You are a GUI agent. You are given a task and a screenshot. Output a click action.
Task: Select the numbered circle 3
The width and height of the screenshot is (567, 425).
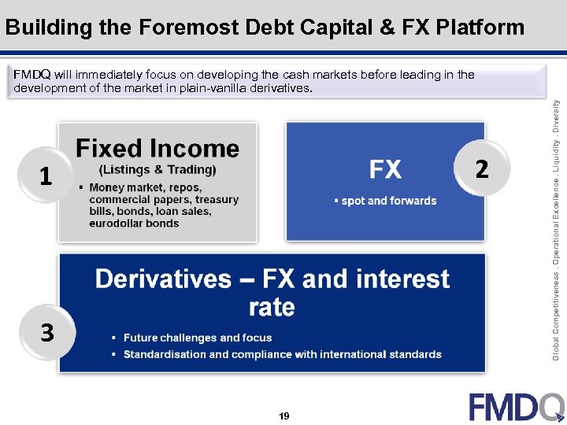click(47, 334)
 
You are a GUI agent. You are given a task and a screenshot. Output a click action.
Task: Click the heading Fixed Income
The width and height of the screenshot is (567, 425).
click(157, 148)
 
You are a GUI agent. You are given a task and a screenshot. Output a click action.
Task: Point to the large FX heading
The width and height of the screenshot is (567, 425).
click(385, 169)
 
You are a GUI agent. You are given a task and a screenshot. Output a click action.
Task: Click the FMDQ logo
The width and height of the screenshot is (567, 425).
click(516, 407)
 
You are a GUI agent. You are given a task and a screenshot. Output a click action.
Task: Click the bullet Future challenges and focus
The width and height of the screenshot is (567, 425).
click(197, 338)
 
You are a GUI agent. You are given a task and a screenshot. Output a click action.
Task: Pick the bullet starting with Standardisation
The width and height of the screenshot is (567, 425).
click(282, 354)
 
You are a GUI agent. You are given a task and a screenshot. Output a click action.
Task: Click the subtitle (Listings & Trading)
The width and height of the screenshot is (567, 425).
click(157, 170)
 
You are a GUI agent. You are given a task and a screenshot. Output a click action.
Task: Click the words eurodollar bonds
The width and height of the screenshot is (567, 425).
click(134, 224)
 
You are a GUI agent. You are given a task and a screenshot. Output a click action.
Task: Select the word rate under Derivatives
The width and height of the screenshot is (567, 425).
click(272, 307)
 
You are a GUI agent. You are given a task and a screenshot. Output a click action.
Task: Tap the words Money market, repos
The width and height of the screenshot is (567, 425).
click(145, 188)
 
